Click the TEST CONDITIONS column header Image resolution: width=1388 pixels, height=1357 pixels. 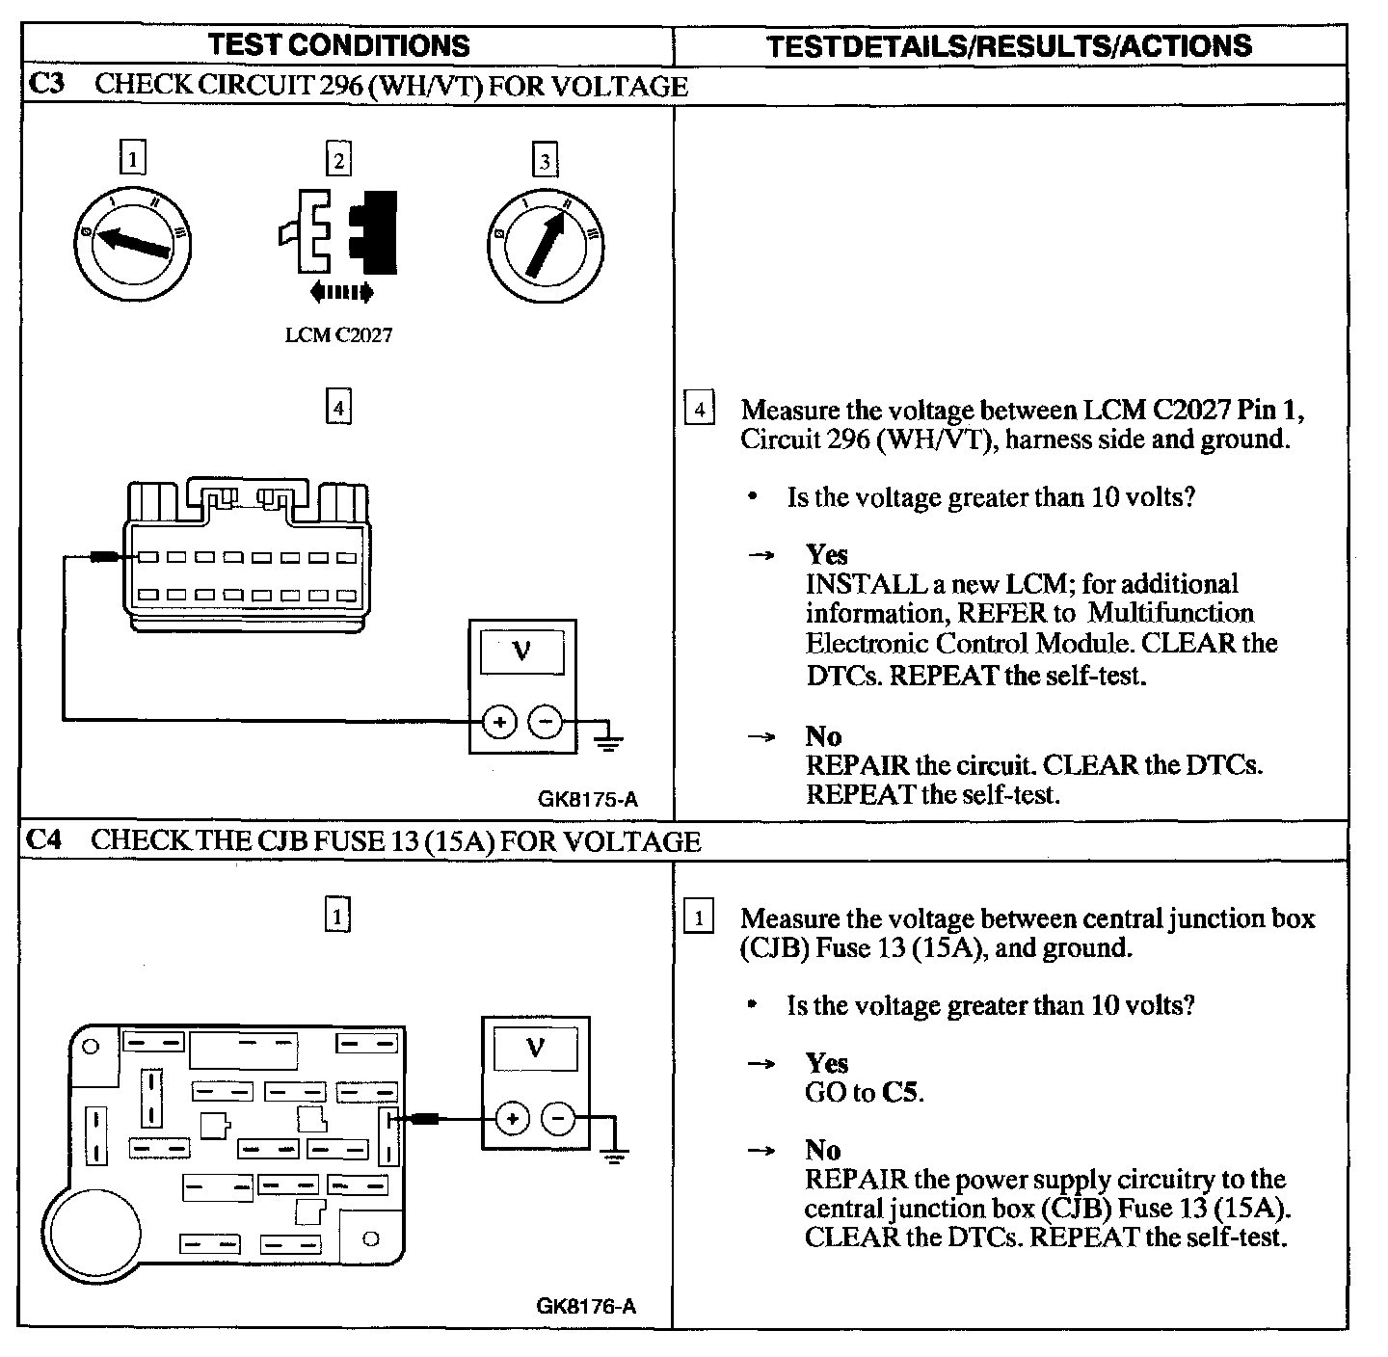point(338,45)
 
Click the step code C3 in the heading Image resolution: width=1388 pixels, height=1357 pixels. point(46,85)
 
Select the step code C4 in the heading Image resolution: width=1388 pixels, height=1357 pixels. point(44,840)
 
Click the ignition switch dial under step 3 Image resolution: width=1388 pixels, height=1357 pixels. point(546,245)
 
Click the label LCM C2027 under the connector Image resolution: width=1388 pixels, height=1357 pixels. point(338,335)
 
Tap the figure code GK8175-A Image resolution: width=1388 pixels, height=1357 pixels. point(588,798)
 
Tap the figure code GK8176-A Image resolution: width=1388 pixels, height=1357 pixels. point(586,1307)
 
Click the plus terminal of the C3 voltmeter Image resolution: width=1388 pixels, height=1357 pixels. point(498,721)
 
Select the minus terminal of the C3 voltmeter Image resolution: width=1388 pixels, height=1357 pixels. point(546,721)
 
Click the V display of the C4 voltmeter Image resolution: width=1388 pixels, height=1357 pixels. point(535,1050)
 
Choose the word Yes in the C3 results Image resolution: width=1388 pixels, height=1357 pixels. point(827,555)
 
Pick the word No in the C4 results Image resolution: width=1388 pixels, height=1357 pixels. point(823,1150)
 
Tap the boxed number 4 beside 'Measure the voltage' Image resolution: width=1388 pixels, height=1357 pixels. point(699,411)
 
